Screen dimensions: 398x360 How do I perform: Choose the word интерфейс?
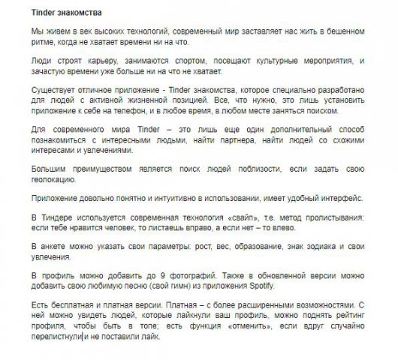pyautogui.click(x=344, y=198)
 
